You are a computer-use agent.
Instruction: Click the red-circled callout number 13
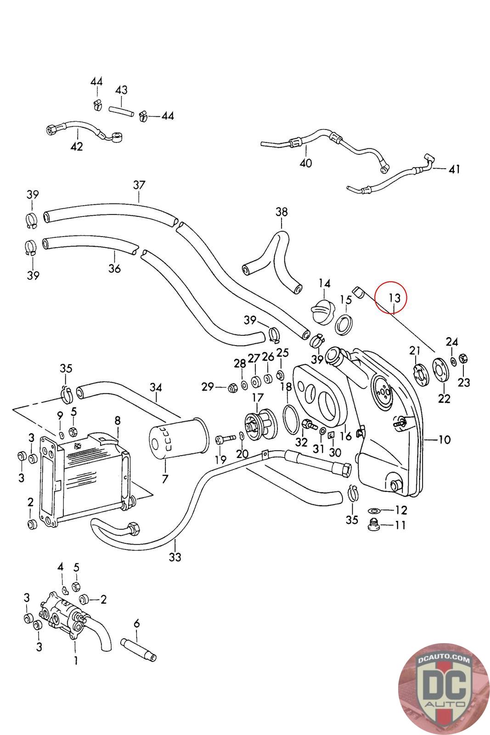[x=394, y=298]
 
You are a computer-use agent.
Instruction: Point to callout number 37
[x=139, y=186]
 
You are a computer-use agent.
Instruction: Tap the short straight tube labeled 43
[x=121, y=112]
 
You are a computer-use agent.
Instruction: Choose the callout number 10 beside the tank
[x=444, y=440]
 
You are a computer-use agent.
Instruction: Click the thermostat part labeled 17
[x=257, y=421]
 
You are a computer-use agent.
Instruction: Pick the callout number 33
[x=175, y=557]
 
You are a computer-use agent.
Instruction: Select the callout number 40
[x=306, y=163]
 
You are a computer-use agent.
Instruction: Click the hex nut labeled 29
[x=232, y=388]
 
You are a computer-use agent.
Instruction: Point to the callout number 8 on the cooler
[x=118, y=420]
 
